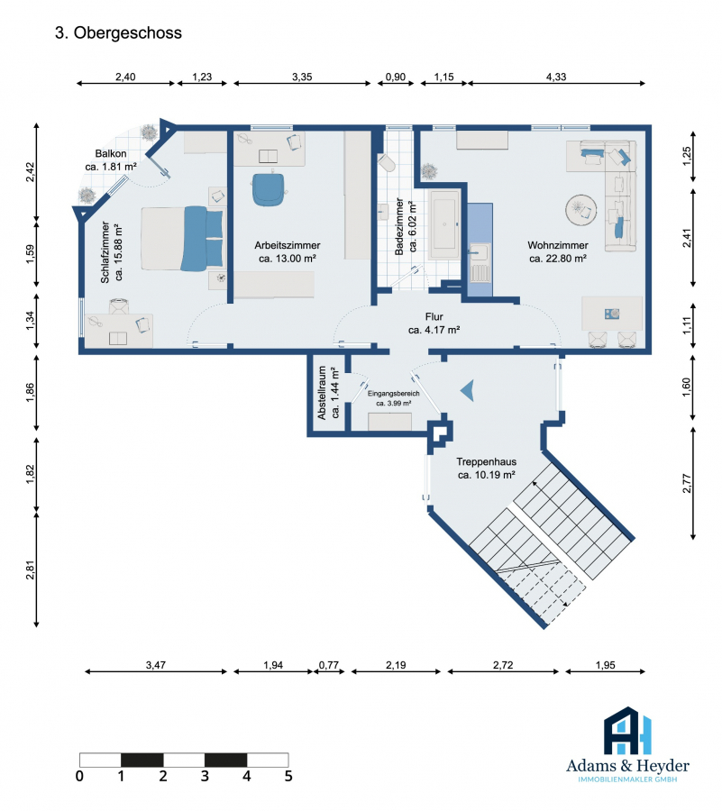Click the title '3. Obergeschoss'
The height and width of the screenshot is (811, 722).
pos(118,32)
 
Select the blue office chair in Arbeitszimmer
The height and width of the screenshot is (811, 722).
pos(269,189)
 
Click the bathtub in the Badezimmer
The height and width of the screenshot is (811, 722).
pos(444,224)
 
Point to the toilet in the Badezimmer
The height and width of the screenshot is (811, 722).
pos(386,162)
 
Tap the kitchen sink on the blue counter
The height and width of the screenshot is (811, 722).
pos(479,253)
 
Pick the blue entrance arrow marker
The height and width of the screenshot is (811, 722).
pos(468,390)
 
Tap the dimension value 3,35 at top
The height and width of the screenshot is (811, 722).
pos(302,77)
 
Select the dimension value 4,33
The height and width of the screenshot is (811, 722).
pos(556,77)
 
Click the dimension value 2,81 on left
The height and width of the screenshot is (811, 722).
pos(31,570)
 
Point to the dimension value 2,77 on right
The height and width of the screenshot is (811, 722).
pos(686,483)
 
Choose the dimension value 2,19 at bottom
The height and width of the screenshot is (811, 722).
pos(396,665)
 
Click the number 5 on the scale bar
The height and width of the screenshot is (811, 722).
pos(288,776)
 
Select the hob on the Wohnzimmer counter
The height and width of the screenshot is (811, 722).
pos(612,314)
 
